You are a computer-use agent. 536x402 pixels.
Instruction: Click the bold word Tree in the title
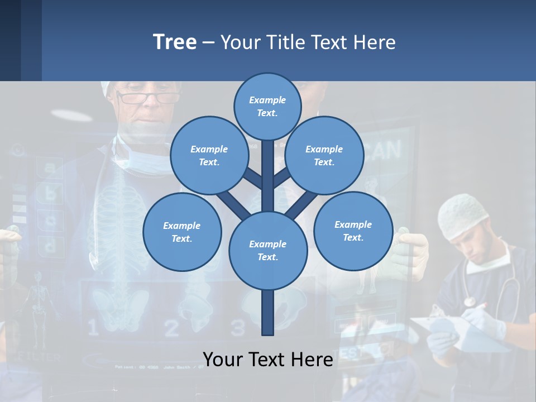175,42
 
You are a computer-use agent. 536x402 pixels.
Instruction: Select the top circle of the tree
267,106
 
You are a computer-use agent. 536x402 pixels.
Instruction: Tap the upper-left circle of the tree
209,155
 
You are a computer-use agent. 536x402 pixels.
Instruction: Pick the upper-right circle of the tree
324,155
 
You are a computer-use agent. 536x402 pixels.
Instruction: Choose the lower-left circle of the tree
181,232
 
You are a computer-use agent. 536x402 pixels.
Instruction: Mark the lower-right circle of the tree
353,231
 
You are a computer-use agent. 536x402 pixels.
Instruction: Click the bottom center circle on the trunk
267,250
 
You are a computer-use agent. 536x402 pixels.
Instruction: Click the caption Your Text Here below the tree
267,359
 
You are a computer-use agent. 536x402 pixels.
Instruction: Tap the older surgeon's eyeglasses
148,98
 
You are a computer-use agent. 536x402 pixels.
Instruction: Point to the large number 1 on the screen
93,327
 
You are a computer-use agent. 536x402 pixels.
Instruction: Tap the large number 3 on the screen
238,327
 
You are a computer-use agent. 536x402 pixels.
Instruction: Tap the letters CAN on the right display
385,151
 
